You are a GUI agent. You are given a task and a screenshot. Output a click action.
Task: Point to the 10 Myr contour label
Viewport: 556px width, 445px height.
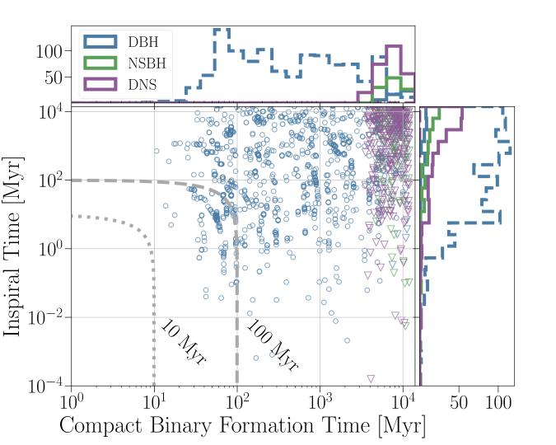(x=182, y=342)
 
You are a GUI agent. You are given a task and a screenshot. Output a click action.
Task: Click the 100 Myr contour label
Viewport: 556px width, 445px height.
(x=272, y=345)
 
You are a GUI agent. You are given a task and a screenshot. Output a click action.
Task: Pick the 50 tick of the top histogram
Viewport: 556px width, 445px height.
(x=53, y=77)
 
